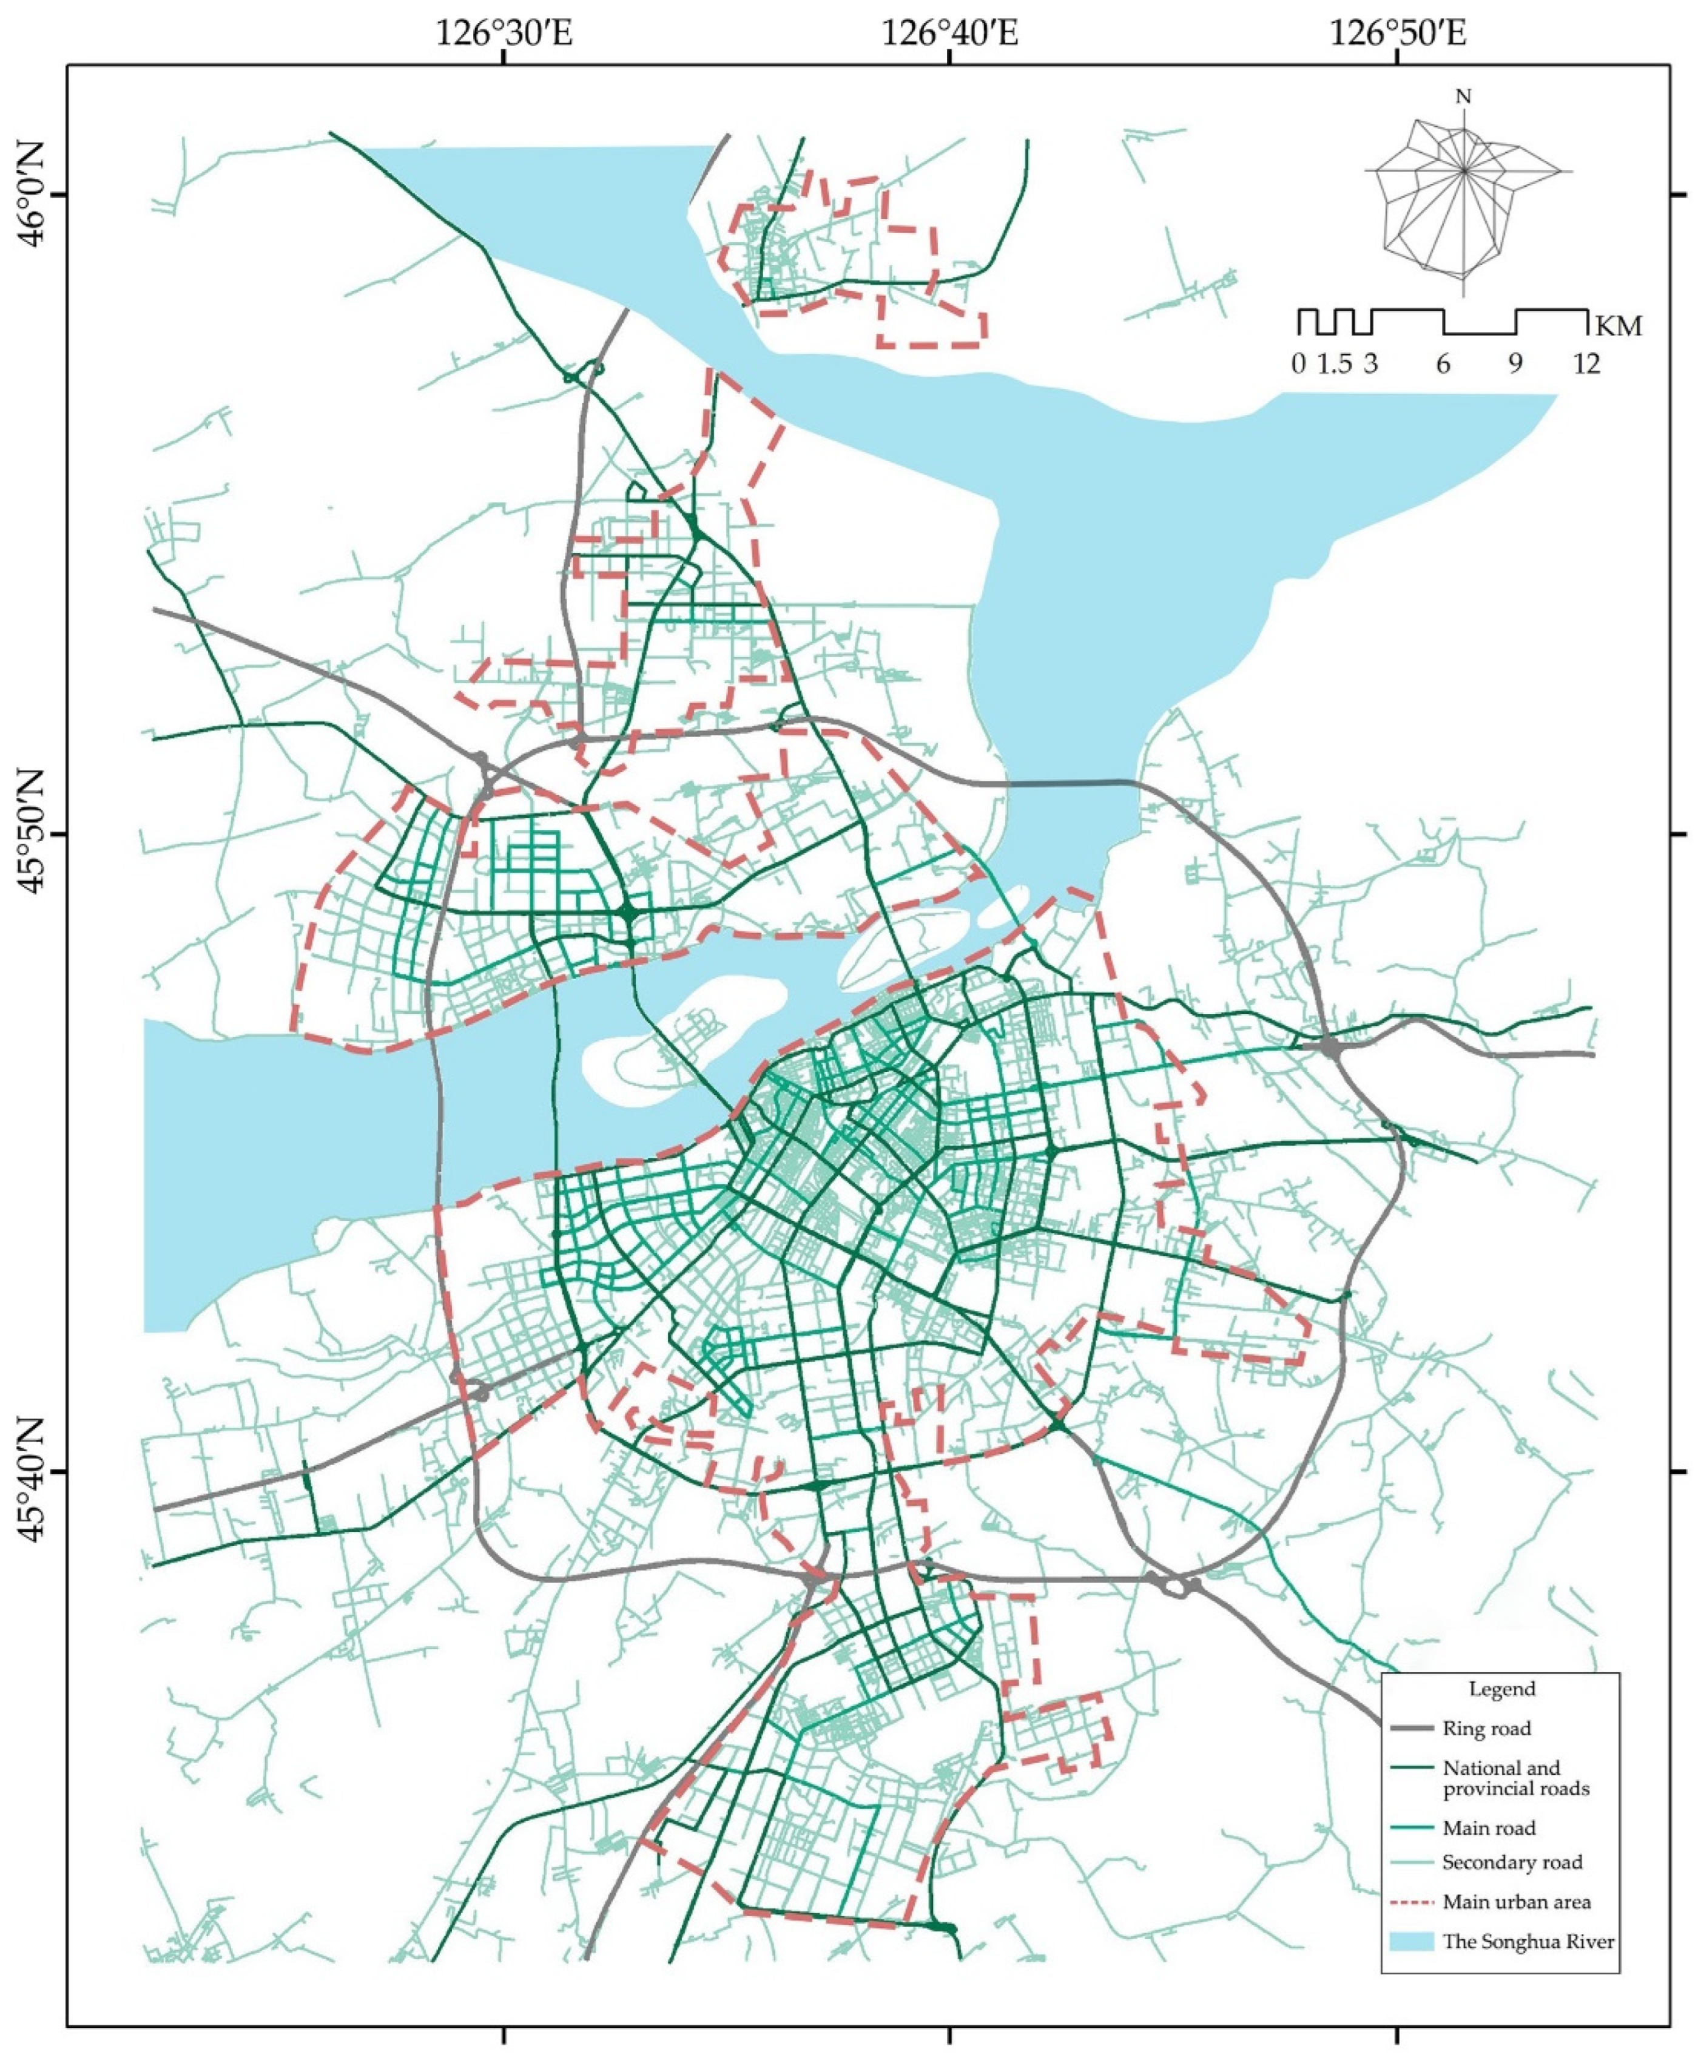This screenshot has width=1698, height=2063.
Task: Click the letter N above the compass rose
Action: pyautogui.click(x=1463, y=97)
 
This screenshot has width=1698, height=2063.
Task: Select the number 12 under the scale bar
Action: pyautogui.click(x=1586, y=364)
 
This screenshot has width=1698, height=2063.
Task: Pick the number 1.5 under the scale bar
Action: pyautogui.click(x=1334, y=364)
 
